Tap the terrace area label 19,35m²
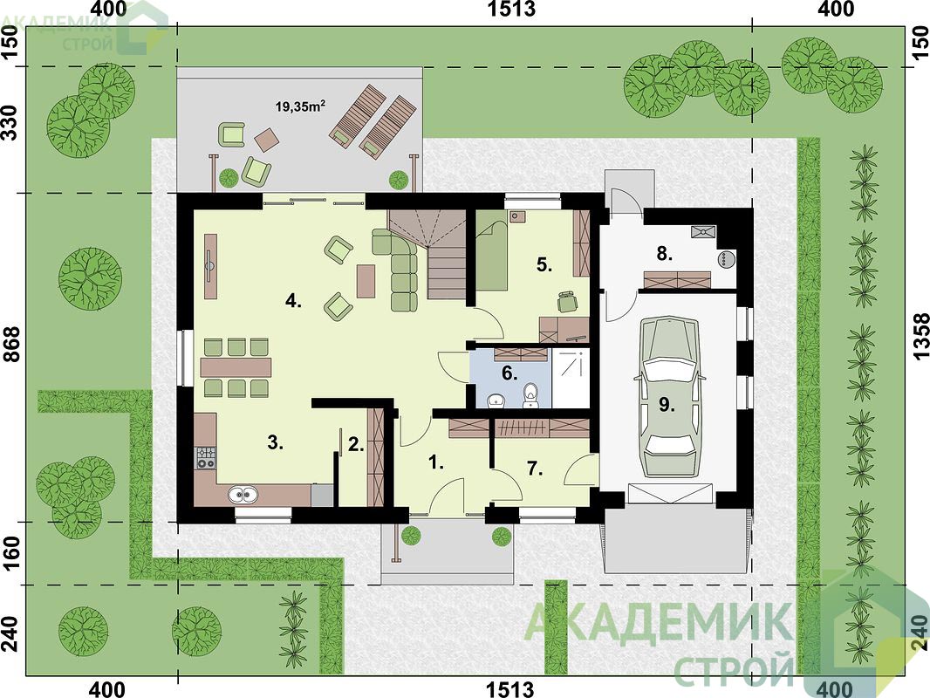(x=300, y=106)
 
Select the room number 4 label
(x=294, y=301)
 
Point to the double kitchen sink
(x=243, y=494)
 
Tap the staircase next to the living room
(x=439, y=254)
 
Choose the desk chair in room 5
(x=567, y=301)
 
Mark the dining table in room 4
(x=236, y=367)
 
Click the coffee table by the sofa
(x=366, y=281)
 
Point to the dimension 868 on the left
(x=12, y=352)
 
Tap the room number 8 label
(x=664, y=254)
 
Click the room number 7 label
(x=535, y=469)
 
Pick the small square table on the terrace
(x=267, y=140)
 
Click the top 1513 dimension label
(x=511, y=9)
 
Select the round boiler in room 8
(x=726, y=259)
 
